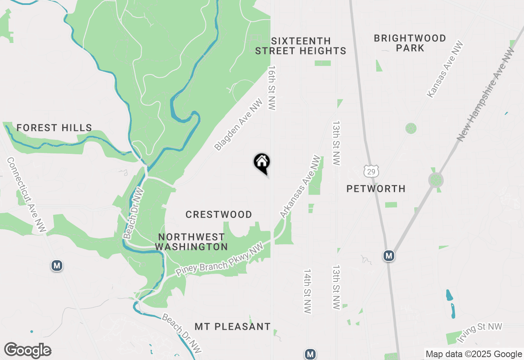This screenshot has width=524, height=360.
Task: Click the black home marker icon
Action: pyautogui.click(x=262, y=163)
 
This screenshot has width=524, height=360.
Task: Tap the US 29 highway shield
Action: pyautogui.click(x=371, y=171)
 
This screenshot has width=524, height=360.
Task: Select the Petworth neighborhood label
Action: pyautogui.click(x=376, y=189)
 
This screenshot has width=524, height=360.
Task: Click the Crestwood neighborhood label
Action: pyautogui.click(x=219, y=214)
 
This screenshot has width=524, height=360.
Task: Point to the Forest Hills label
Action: pyautogui.click(x=54, y=128)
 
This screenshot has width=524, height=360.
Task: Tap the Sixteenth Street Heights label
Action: pyautogui.click(x=301, y=46)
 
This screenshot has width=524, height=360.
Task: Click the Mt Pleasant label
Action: pyautogui.click(x=233, y=326)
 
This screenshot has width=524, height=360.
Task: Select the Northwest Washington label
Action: pyautogui.click(x=192, y=242)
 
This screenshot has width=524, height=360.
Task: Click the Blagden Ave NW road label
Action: pyautogui.click(x=238, y=124)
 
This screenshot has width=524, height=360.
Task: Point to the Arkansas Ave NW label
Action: pyautogui.click(x=300, y=186)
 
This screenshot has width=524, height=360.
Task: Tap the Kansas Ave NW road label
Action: pyautogui.click(x=445, y=69)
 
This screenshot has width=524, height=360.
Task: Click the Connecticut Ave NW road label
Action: pyautogui.click(x=27, y=195)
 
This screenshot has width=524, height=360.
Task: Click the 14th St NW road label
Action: pyautogui.click(x=308, y=291)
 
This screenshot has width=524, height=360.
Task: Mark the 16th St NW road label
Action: pyautogui.click(x=271, y=87)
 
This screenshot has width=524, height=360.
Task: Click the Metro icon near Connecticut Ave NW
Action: pyautogui.click(x=57, y=265)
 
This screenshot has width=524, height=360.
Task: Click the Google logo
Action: pyautogui.click(x=27, y=351)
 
